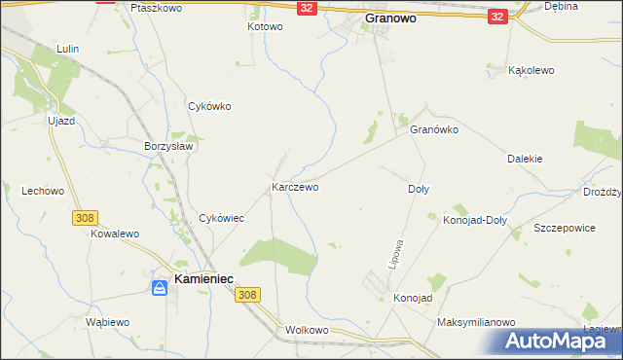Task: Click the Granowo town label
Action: (x=398, y=18)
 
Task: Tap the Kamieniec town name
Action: (x=207, y=280)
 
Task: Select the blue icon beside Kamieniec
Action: (x=159, y=287)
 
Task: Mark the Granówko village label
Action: (x=433, y=129)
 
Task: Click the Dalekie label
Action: (x=525, y=158)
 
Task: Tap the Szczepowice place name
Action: (x=564, y=227)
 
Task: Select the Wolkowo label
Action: (x=307, y=331)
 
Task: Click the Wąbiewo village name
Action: (x=107, y=322)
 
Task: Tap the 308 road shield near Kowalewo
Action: (x=83, y=219)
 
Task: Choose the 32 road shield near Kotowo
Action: (x=307, y=8)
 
